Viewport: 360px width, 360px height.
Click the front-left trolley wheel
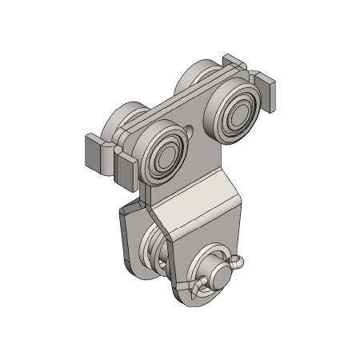coord(163,154)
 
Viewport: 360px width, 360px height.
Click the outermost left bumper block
coord(94,152)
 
